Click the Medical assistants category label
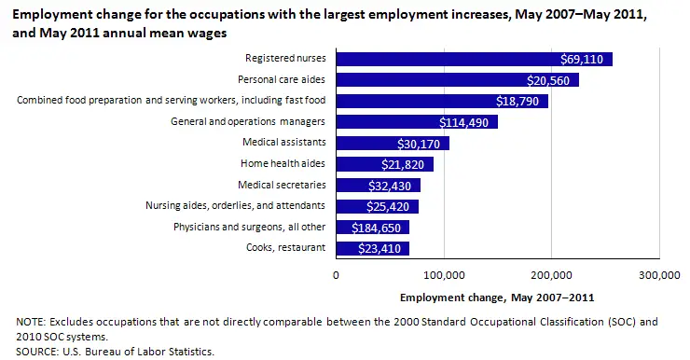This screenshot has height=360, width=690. pos(283,143)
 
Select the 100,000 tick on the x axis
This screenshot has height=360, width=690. pos(444,275)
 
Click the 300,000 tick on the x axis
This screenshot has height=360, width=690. pos(659,275)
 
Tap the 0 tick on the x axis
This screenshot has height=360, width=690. pos(336,275)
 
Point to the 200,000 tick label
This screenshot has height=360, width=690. pos(551,275)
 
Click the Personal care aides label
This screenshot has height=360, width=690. pos(281,80)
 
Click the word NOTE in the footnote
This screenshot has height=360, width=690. pos(31,322)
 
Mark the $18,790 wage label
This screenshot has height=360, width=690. pos(521,101)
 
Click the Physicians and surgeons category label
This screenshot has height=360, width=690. pos(249,227)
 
